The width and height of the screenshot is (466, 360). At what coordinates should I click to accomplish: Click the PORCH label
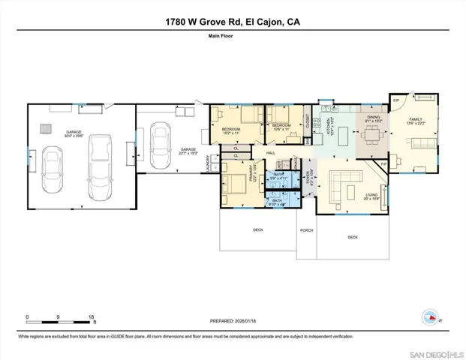point(306,230)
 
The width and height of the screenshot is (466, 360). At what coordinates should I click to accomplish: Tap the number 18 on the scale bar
point(92,317)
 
